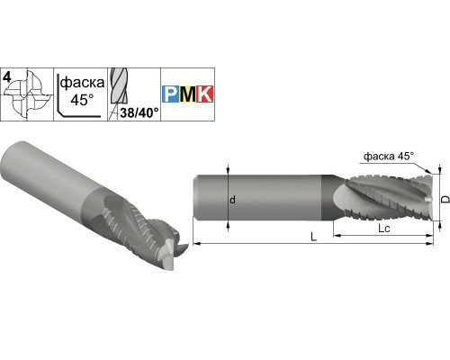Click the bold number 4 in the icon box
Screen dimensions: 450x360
coord(7,77)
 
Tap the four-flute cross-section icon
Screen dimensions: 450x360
coord(29,95)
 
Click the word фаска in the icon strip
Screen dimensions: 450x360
coord(82,83)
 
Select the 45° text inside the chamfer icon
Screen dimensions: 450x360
coord(82,99)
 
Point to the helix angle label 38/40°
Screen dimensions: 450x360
coord(139,112)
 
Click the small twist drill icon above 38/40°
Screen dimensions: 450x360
coord(118,87)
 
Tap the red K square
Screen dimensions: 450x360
coord(204,94)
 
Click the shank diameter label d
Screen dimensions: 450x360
coord(233,200)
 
